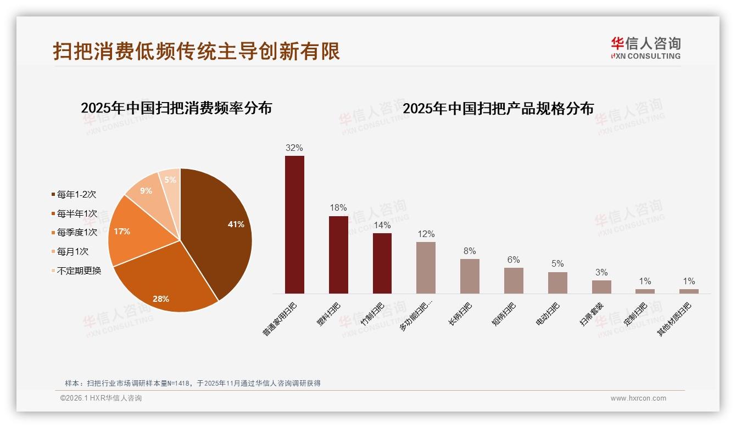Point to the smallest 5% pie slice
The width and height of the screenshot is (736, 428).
[x=171, y=181]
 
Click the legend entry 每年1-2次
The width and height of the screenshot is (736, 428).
[x=76, y=195]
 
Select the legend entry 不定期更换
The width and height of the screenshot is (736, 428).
[x=79, y=271]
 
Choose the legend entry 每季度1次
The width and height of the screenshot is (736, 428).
[x=76, y=233]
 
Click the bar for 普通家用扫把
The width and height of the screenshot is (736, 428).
[x=294, y=225]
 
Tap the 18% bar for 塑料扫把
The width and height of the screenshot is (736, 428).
[x=338, y=255]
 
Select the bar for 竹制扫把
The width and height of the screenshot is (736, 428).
[x=382, y=263]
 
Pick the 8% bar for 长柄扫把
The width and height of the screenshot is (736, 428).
[x=470, y=276]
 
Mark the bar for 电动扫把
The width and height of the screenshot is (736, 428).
[x=557, y=283]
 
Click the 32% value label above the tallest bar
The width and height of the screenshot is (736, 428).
[x=294, y=148]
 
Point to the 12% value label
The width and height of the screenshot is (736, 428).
[x=426, y=234]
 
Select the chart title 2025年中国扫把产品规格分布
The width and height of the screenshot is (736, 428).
[x=498, y=109]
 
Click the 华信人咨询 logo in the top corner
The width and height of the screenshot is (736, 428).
[x=646, y=48]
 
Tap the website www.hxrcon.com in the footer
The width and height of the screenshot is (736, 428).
[x=638, y=398]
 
